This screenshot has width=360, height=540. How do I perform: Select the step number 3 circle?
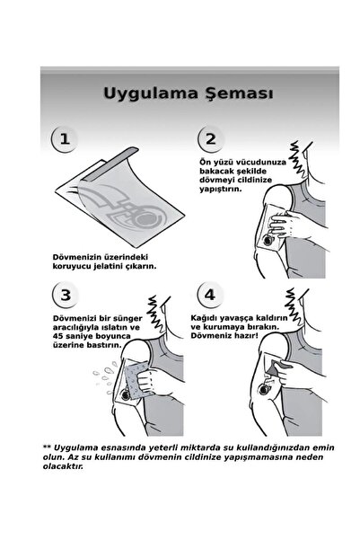(x=63, y=319)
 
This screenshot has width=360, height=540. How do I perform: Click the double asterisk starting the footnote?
(x=47, y=473)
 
